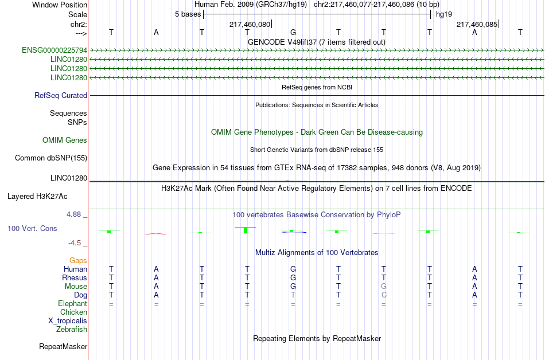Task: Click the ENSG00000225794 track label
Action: (54, 50)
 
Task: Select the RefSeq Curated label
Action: (61, 96)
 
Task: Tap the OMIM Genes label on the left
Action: (65, 140)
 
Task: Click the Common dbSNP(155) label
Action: (51, 158)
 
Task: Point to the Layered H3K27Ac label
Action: (37, 197)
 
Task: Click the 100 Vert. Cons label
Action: (32, 228)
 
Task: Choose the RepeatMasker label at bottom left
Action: (63, 346)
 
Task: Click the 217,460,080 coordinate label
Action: (250, 24)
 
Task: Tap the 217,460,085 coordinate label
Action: (477, 24)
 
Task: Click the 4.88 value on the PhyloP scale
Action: (73, 214)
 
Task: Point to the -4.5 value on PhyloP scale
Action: (75, 243)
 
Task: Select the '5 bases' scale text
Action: (188, 14)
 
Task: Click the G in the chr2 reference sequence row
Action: (293, 32)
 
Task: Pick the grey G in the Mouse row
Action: (384, 287)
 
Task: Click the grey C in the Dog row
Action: (384, 295)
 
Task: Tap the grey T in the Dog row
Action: (293, 295)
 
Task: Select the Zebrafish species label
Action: (72, 330)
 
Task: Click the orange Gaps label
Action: (78, 261)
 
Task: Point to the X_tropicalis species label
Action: (68, 321)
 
